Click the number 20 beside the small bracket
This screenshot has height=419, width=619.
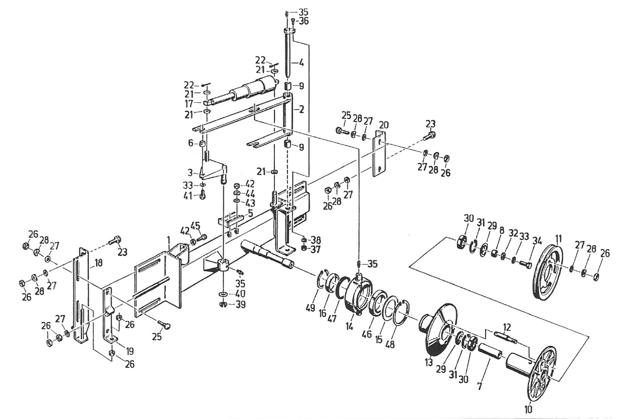click(384, 125)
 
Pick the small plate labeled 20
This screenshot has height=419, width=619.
click(379, 154)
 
